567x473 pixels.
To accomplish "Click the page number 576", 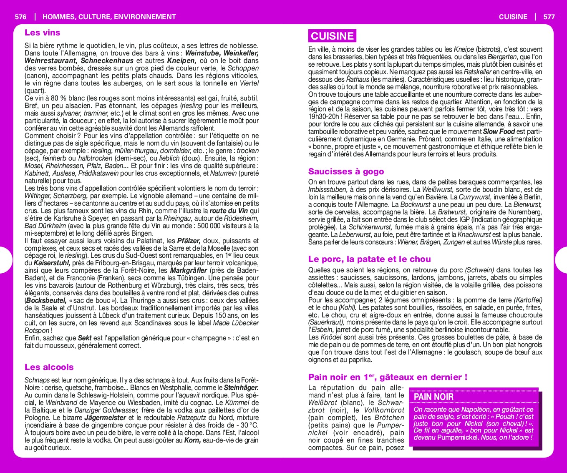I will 20,17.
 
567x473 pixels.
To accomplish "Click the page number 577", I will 549,17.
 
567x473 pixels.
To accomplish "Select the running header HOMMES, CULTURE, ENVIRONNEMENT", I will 109,17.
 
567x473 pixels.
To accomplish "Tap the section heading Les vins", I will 42,33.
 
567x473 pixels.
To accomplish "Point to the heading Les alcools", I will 49,367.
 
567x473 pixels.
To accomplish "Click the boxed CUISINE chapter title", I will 332,36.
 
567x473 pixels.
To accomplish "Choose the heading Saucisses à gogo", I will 346,171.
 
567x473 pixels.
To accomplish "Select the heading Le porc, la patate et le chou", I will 369,259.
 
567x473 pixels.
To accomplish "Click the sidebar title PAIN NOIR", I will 433,397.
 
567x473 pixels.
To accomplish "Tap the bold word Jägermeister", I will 105,418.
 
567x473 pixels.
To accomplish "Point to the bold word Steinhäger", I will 241,387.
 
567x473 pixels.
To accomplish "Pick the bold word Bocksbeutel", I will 46,301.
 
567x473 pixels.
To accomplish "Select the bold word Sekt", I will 85,338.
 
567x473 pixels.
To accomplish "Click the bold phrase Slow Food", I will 499,132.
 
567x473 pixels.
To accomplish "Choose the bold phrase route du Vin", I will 229,211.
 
